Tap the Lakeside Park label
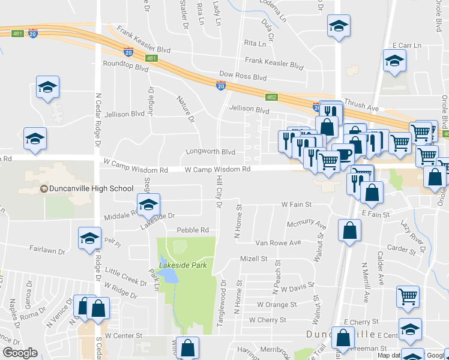pyautogui.click(x=178, y=265)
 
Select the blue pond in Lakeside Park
pyautogui.click(x=170, y=275)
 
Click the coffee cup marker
pyautogui.click(x=343, y=154)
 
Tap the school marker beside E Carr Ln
pyautogui.click(x=394, y=61)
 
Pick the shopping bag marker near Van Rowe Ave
pyautogui.click(x=349, y=231)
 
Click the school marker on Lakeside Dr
pyautogui.click(x=148, y=205)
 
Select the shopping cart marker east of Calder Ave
pyautogui.click(x=408, y=296)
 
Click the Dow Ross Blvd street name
pyautogui.click(x=243, y=77)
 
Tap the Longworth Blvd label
pyautogui.click(x=211, y=152)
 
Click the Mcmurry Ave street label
pyautogui.click(x=306, y=224)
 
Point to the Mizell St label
pyautogui.click(x=253, y=259)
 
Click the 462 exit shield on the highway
pyautogui.click(x=271, y=97)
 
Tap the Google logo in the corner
pyautogui.click(x=20, y=353)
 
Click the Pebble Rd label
pyautogui.click(x=193, y=230)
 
